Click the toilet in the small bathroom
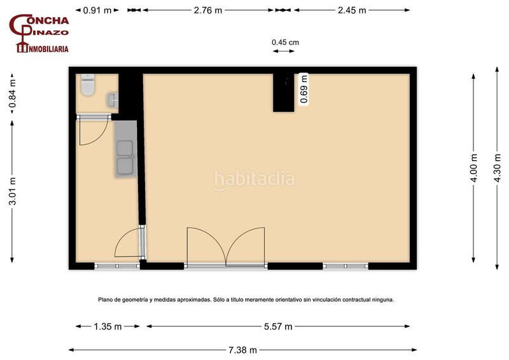point(88,85)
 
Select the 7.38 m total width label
point(242,350)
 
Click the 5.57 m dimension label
point(278,326)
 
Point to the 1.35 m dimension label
point(108,326)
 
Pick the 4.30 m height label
point(497,168)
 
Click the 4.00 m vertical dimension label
point(473,168)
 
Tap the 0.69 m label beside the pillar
point(304,89)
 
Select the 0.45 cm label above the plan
point(285,42)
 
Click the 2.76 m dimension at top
point(208,10)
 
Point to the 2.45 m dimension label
point(352,10)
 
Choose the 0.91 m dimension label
point(97,10)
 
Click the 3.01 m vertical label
point(12,191)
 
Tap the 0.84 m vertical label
point(12,93)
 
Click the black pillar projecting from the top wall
point(283,92)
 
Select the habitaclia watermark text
point(254,179)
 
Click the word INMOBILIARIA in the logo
point(48,49)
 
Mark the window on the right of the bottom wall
point(345,267)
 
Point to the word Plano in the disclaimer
point(104,300)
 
